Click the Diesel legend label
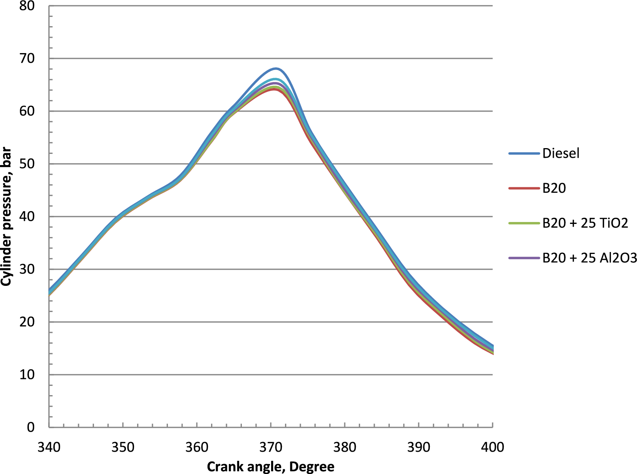pyautogui.click(x=561, y=154)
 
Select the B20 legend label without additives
pyautogui.click(x=554, y=188)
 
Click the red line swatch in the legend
pyautogui.click(x=524, y=188)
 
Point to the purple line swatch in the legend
pyautogui.click(x=524, y=257)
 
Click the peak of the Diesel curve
pyautogui.click(x=276, y=68)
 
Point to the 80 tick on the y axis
pyautogui.click(x=27, y=6)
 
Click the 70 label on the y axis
pyautogui.click(x=27, y=58)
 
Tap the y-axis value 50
pyautogui.click(x=27, y=164)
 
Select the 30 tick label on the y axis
pyautogui.click(x=27, y=269)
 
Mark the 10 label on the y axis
pyautogui.click(x=27, y=375)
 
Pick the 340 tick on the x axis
pyautogui.click(x=49, y=447)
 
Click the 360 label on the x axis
pyautogui.click(x=197, y=447)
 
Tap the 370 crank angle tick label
pyautogui.click(x=271, y=447)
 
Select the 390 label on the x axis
pyautogui.click(x=419, y=447)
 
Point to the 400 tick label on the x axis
pyautogui.click(x=493, y=447)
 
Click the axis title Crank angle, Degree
pyautogui.click(x=271, y=467)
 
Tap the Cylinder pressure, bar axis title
pyautogui.click(x=6, y=217)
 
